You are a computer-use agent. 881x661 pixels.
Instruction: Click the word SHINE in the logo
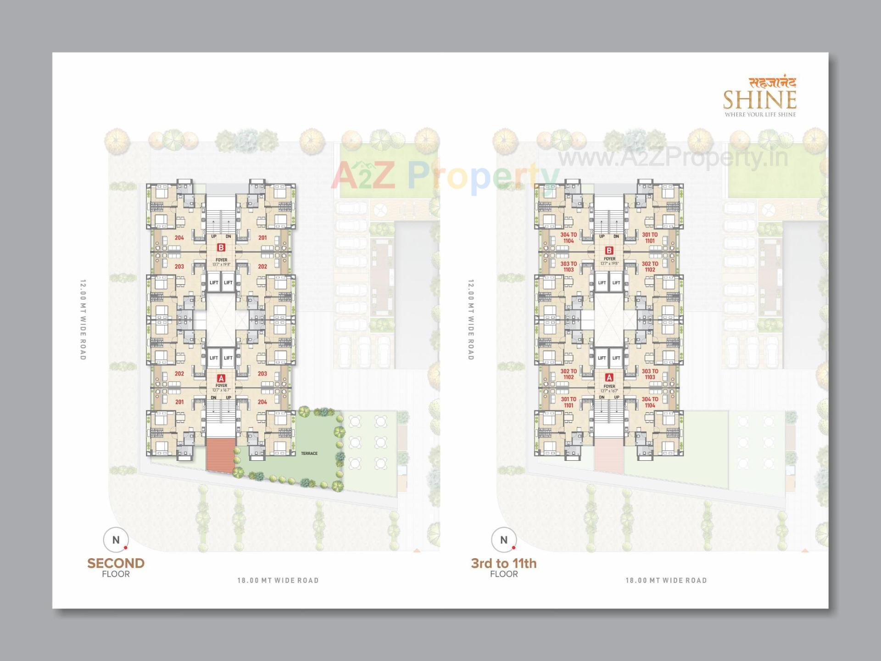[x=759, y=100]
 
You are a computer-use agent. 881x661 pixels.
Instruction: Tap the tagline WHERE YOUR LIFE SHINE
[x=760, y=114]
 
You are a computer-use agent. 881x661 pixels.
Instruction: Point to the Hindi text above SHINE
[x=773, y=83]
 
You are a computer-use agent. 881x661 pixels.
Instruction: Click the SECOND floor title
[x=116, y=563]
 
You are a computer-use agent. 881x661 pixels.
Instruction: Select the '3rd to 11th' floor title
[x=503, y=563]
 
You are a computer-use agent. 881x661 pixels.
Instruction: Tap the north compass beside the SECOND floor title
[x=116, y=540]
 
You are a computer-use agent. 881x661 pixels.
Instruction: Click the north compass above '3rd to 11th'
[x=504, y=540]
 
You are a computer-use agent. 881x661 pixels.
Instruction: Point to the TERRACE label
[x=309, y=454]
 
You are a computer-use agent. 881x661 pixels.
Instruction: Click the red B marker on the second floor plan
[x=221, y=247]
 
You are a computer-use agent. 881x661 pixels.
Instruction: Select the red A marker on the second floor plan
[x=221, y=378]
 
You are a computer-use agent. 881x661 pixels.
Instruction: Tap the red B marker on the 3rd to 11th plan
[x=609, y=251]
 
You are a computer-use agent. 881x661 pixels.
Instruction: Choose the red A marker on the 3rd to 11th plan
[x=609, y=377]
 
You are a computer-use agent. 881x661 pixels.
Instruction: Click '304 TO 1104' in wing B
[x=569, y=238]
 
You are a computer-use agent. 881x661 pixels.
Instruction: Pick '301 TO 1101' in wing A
[x=569, y=402]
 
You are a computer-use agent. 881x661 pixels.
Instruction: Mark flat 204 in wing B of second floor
[x=179, y=238]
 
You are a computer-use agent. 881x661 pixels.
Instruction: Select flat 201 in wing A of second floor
[x=179, y=402]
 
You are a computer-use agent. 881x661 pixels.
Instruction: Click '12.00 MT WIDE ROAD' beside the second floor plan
[x=83, y=319]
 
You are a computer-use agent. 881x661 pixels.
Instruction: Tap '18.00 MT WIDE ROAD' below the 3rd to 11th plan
[x=666, y=580]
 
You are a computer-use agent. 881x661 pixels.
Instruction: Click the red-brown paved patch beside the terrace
[x=220, y=454]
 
